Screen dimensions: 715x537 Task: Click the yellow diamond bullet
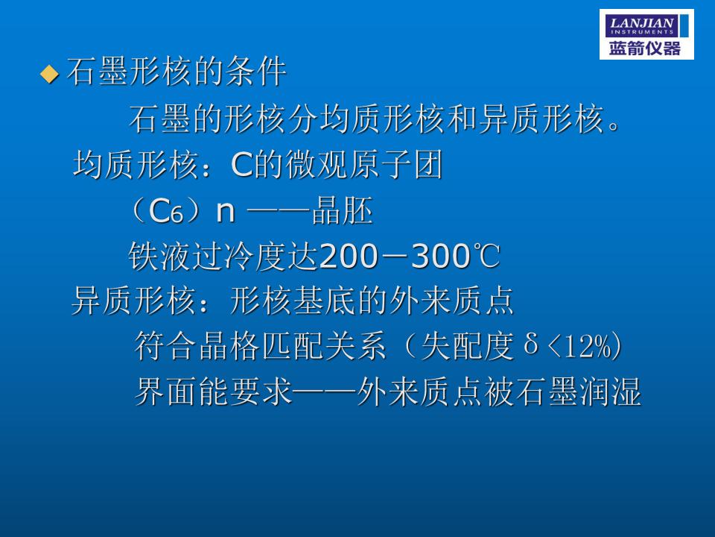click(50, 74)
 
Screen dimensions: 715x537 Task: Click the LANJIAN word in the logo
click(641, 23)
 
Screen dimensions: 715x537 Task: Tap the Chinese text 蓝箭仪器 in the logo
click(645, 48)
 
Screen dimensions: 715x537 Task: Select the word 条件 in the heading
click(255, 72)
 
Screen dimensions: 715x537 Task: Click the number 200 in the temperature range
click(349, 256)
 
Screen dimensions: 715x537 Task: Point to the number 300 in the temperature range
click(440, 256)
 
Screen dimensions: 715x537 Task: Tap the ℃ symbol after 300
click(486, 256)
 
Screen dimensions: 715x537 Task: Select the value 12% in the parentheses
click(588, 347)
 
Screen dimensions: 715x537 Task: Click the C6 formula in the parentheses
click(166, 212)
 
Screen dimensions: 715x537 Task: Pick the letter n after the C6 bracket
click(226, 213)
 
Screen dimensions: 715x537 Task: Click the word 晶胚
click(343, 210)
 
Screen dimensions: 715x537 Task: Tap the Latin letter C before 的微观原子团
click(241, 165)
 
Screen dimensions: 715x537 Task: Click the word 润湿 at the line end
click(610, 392)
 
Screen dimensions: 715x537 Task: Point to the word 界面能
click(182, 392)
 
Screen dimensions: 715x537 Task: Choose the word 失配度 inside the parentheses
click(468, 345)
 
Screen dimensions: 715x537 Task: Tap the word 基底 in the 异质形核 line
click(324, 301)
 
